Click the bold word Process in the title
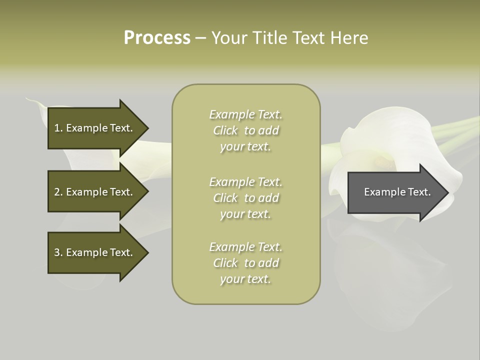157,38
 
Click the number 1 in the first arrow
56,128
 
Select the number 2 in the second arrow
57,192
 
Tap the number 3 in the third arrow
57,252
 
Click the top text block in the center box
245,130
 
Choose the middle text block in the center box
245,198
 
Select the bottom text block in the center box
245,263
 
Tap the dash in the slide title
200,38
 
